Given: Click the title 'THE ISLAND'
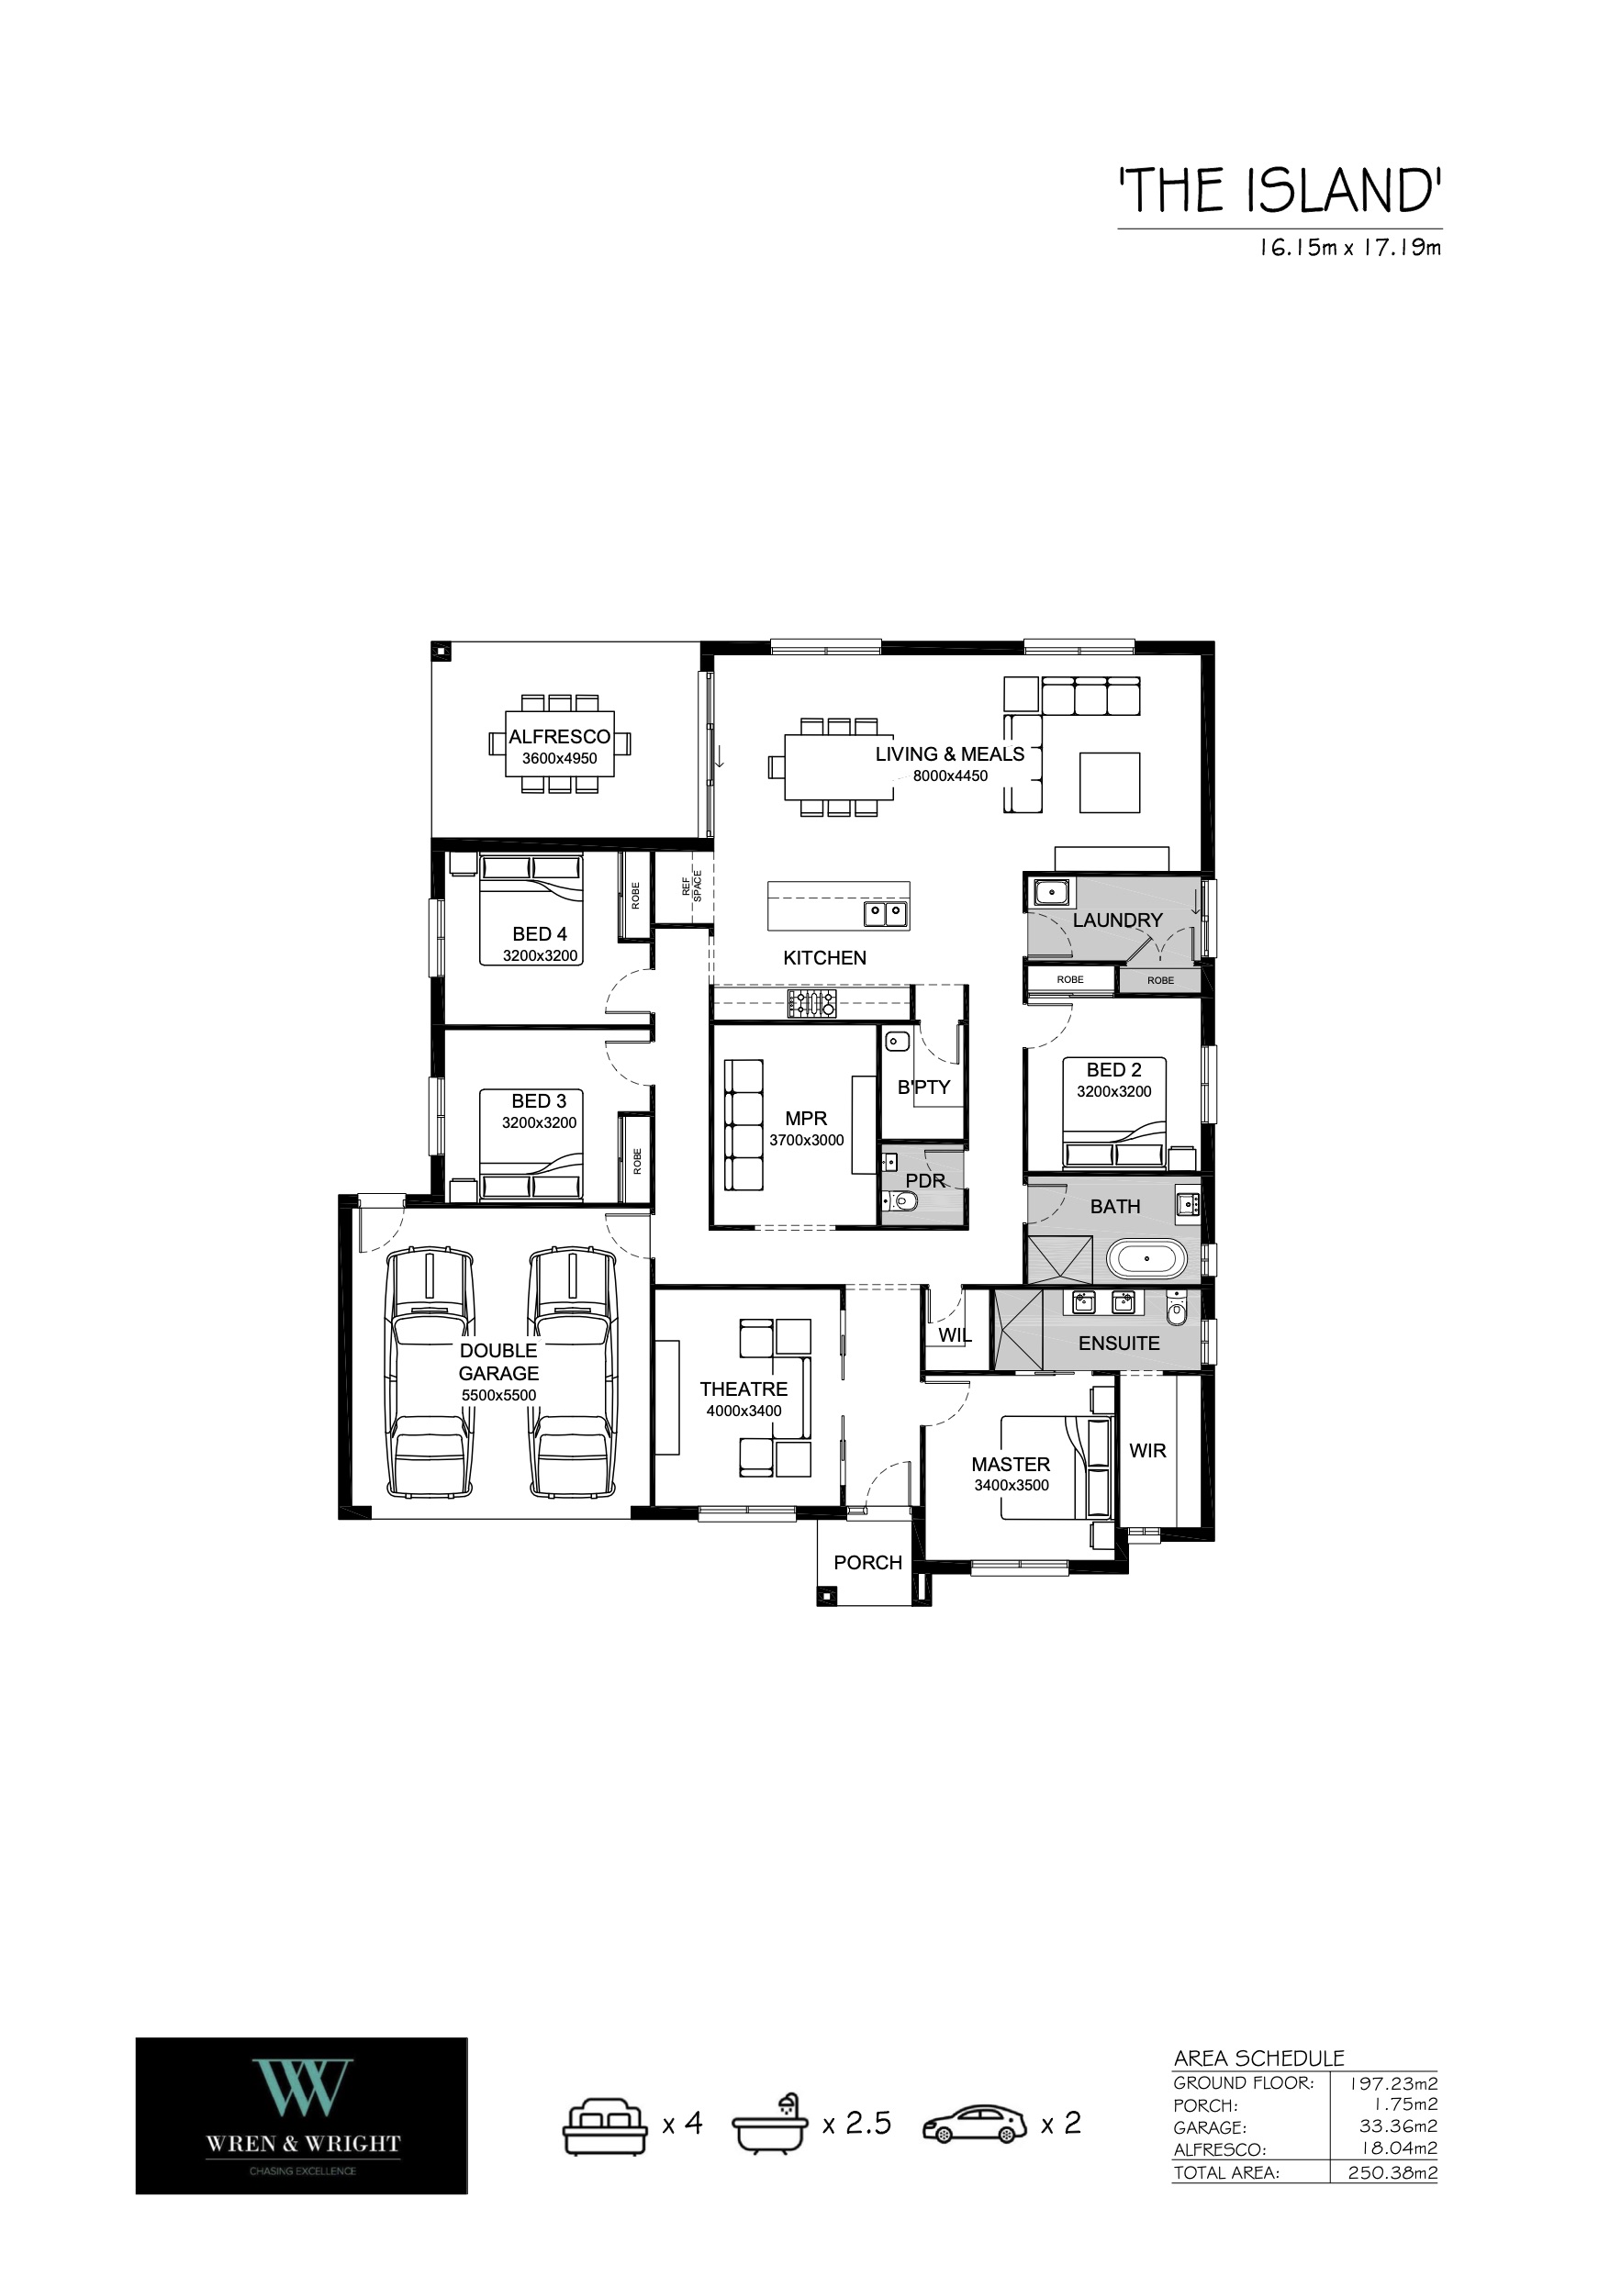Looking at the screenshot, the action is click(1280, 190).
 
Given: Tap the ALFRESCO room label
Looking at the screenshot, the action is click(559, 737).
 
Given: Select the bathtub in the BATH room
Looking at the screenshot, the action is click(1146, 1258).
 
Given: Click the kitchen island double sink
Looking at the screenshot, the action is click(885, 912).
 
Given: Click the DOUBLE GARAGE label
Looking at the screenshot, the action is click(498, 1361).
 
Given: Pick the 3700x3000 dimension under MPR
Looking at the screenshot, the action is click(807, 1140).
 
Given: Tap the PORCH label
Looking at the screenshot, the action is click(867, 1562).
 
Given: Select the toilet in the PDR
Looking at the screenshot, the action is click(901, 1202).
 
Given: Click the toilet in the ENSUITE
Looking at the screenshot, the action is click(1177, 1310).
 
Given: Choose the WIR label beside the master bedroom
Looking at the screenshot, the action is click(1148, 1450).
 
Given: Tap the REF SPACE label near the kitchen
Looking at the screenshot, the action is click(691, 886).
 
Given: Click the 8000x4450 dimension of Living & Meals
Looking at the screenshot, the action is click(951, 776).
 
